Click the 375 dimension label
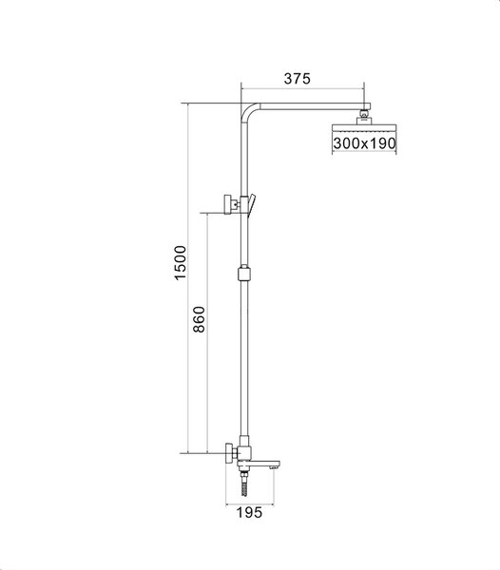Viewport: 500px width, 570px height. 298,79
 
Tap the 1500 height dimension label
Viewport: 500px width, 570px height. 180,262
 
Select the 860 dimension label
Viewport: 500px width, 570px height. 199,319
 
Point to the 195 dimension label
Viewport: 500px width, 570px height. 249,513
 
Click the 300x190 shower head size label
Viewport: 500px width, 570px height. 364,143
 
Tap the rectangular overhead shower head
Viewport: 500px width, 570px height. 364,128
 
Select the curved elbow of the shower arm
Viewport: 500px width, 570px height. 248,110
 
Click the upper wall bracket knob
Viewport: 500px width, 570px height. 229,204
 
